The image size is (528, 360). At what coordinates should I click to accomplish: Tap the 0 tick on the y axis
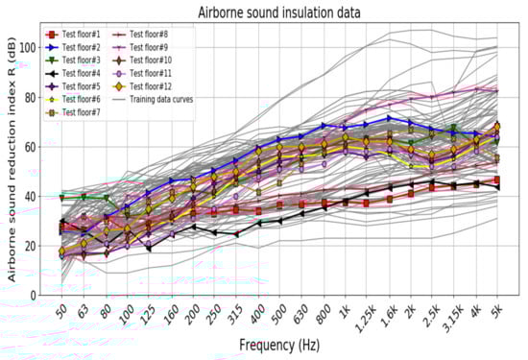[44, 296]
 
